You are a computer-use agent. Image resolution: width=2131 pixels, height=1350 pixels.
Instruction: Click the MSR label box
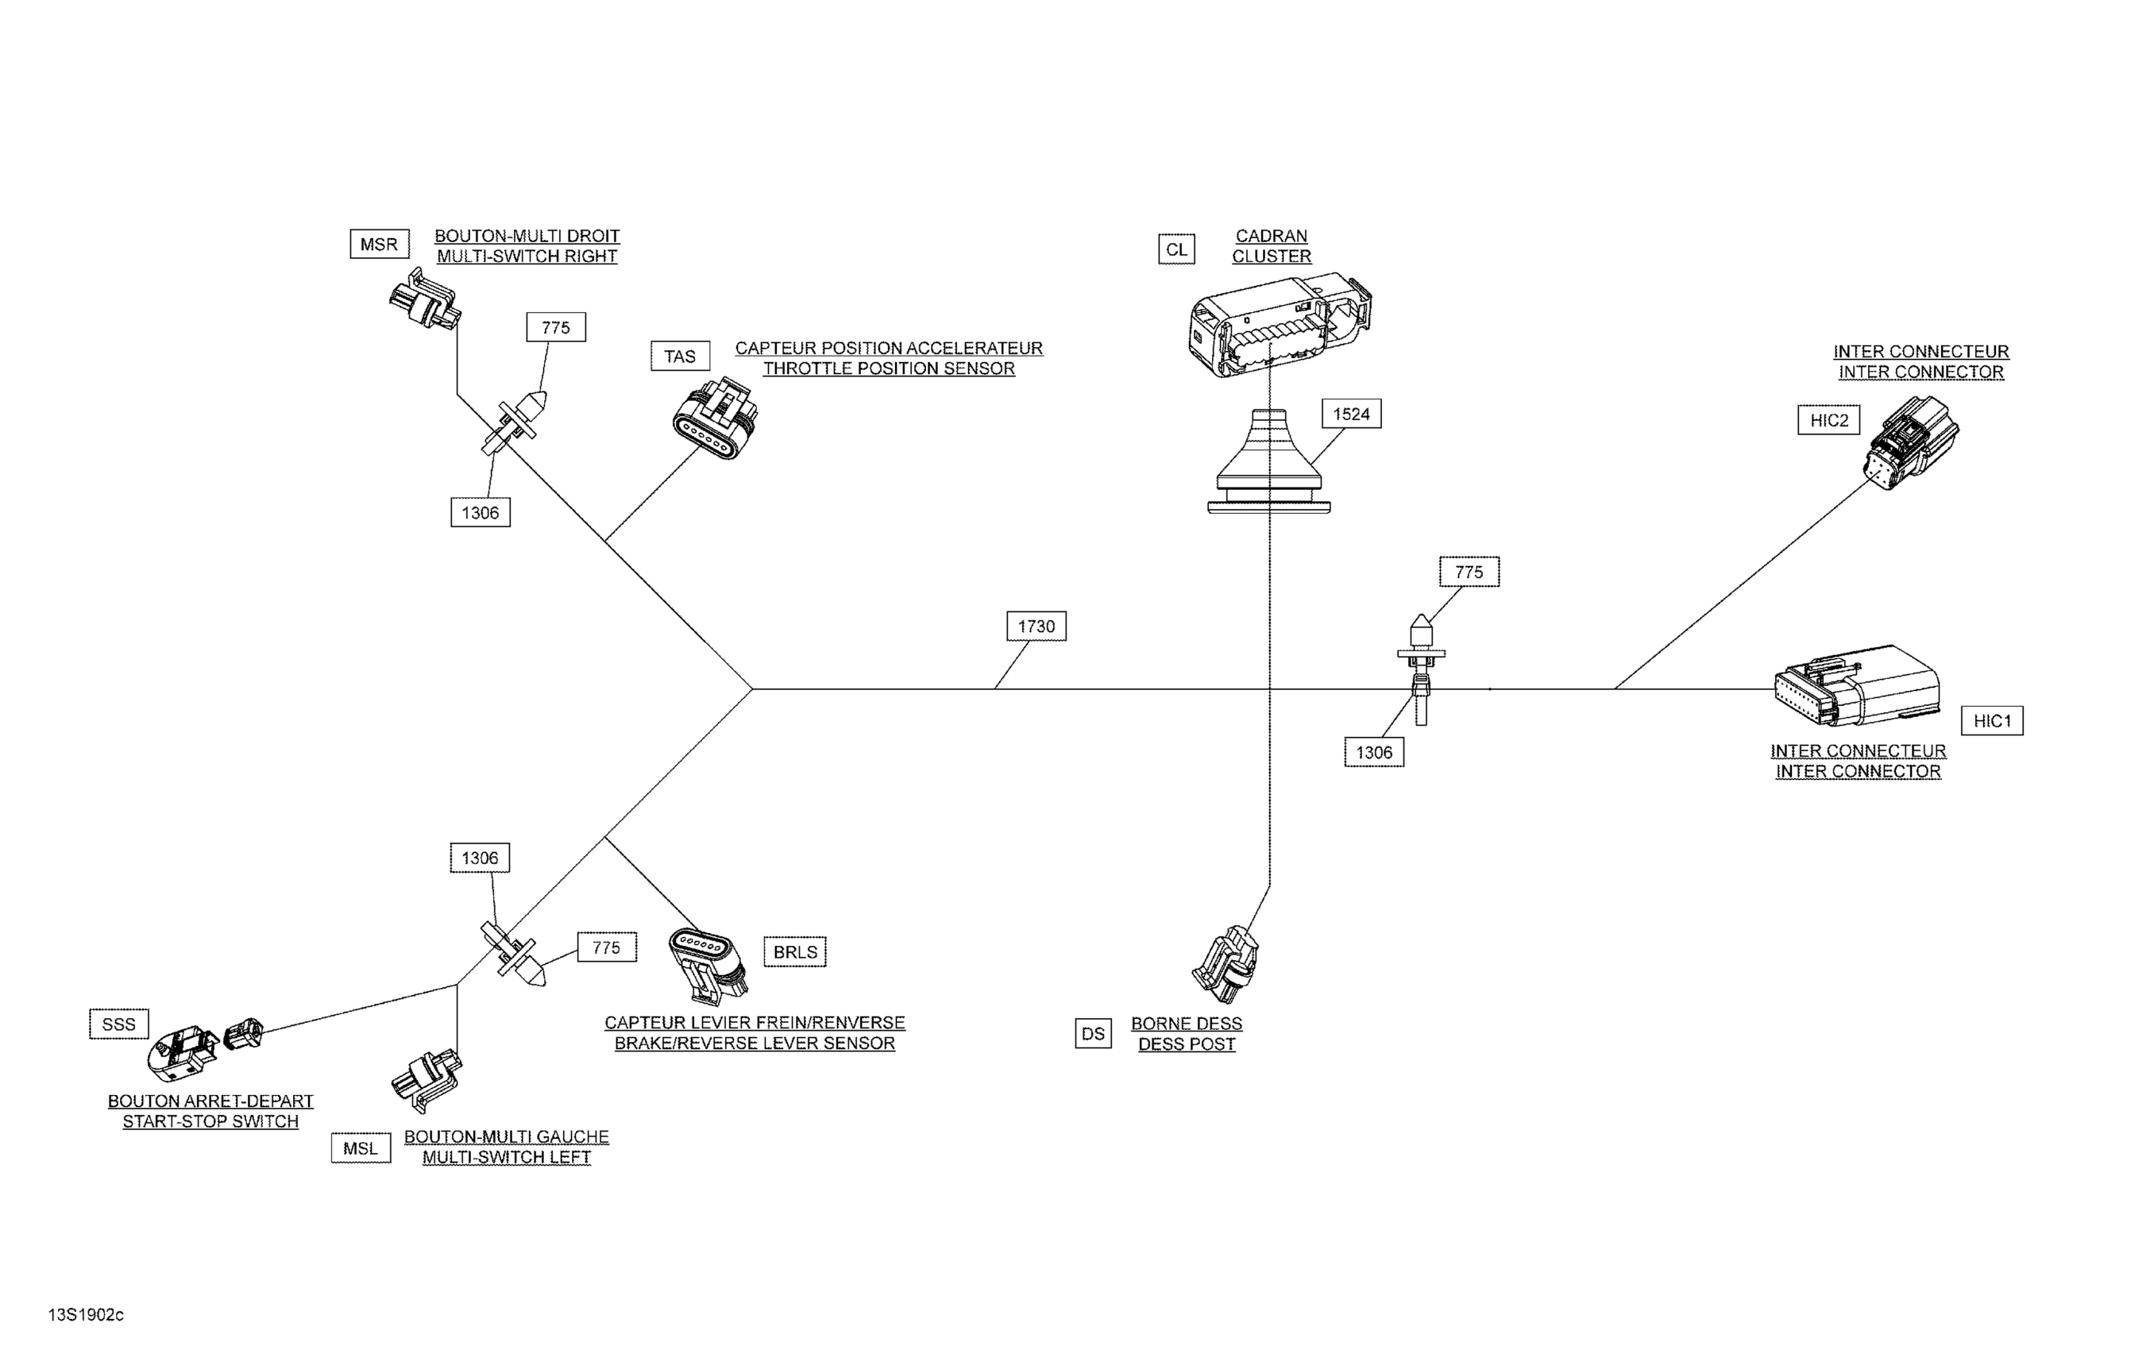379,244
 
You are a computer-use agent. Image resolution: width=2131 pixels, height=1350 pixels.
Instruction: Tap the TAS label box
680,357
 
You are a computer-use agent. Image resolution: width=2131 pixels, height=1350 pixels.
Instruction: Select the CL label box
1176,249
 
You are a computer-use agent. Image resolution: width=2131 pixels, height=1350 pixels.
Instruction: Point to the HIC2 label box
1828,420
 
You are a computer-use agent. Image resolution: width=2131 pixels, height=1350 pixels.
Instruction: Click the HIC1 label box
1992,721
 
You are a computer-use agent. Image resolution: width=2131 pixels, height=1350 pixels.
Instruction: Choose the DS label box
1093,1033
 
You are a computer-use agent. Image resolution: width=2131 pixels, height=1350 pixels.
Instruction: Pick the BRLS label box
795,952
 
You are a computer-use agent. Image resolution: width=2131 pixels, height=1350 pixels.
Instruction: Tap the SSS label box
118,1024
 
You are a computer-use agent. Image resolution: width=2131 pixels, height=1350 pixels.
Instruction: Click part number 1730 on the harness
1036,627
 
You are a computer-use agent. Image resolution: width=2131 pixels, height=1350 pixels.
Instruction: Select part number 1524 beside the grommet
1350,414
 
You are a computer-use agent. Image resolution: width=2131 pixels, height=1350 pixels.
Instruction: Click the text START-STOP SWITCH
210,1122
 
